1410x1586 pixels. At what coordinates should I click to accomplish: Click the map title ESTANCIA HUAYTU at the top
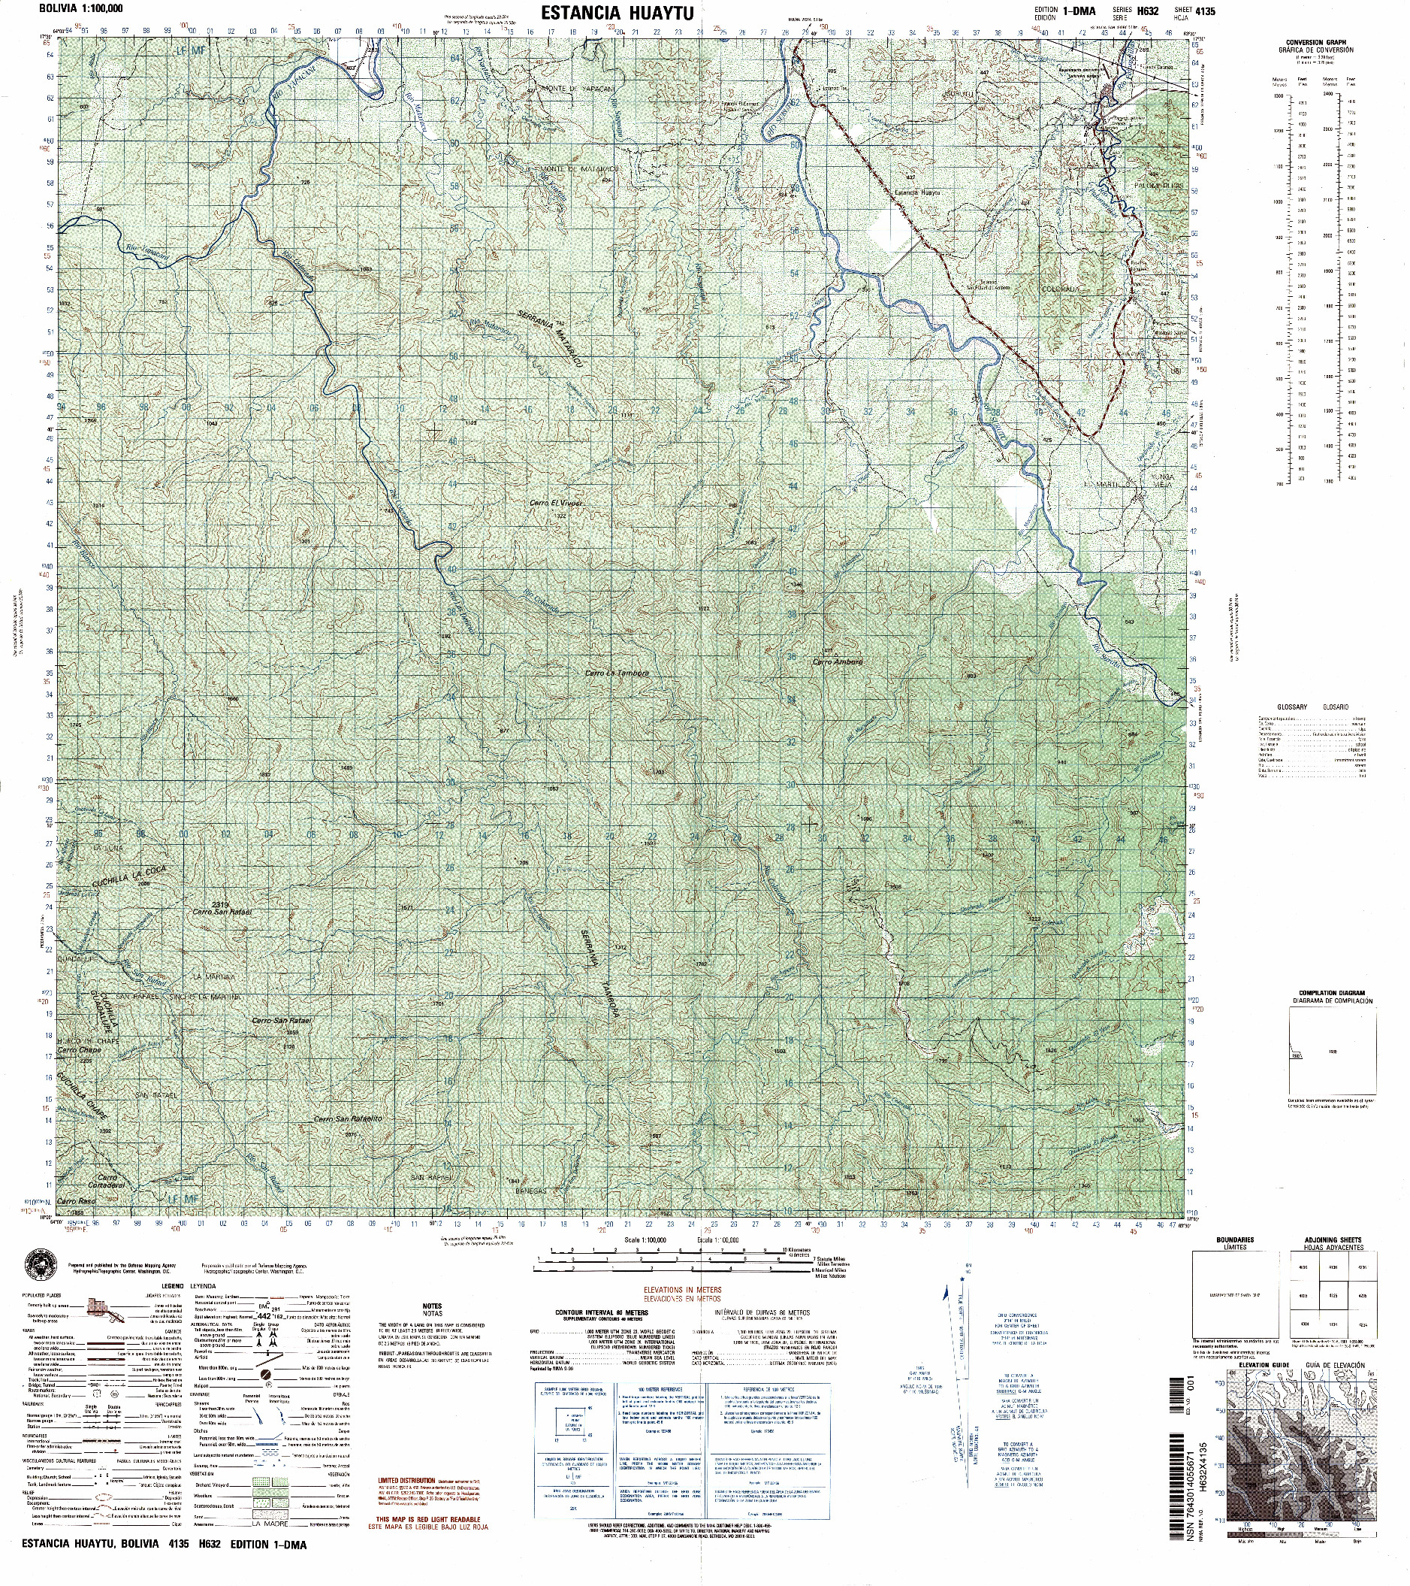pos(617,14)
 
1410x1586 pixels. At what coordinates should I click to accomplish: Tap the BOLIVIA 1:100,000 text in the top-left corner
pos(72,8)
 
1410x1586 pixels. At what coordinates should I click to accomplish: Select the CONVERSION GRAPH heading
pos(1315,43)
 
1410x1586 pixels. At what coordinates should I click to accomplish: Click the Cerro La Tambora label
pos(617,673)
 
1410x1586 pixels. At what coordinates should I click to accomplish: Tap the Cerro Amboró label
pos(838,662)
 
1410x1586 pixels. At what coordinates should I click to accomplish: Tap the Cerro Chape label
pos(79,1050)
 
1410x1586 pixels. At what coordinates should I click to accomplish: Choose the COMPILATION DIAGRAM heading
pos(1332,992)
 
